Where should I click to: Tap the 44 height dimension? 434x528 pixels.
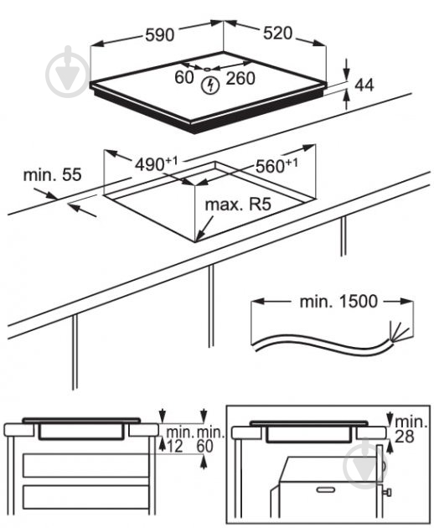(364, 84)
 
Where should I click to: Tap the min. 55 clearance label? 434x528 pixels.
(52, 174)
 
